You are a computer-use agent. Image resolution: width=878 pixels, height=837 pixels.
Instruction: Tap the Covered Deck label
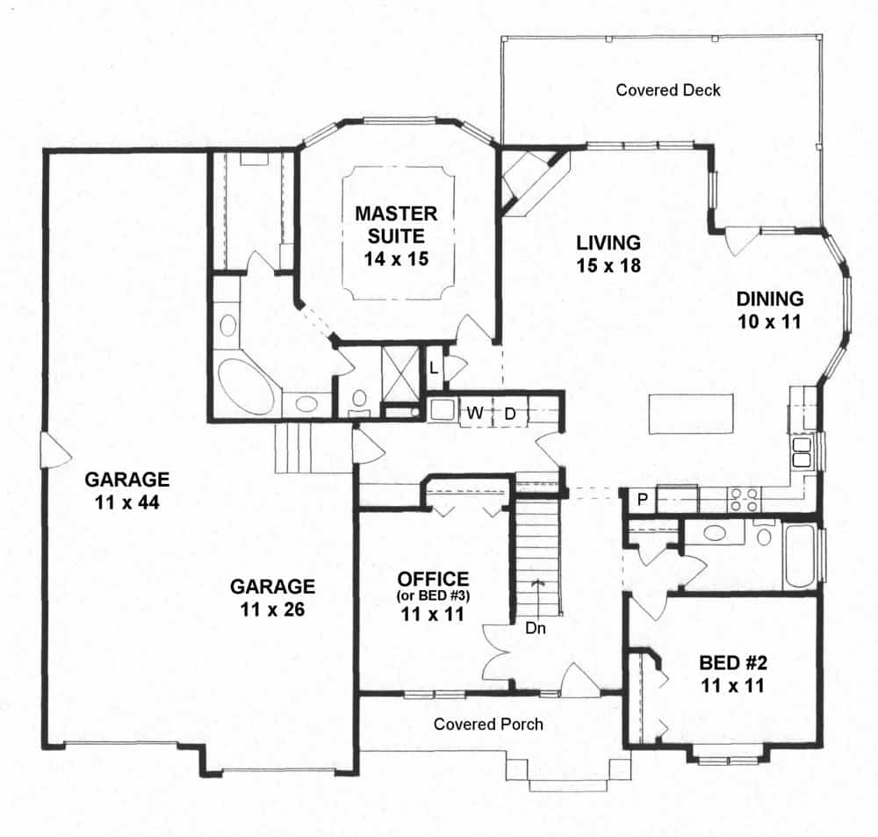[668, 90]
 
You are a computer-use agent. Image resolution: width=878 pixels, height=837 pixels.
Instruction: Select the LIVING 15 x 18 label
[608, 253]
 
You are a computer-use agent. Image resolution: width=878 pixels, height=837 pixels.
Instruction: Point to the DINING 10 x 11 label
[769, 310]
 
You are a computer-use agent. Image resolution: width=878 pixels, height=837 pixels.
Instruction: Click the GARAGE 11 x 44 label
[126, 491]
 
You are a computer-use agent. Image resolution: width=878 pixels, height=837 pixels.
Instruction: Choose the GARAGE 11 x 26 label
[272, 597]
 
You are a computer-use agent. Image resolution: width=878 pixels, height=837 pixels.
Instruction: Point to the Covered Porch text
[488, 725]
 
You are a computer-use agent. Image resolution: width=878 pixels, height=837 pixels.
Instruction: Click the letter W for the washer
[474, 412]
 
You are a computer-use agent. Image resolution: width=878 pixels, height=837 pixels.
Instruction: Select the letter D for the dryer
[509, 412]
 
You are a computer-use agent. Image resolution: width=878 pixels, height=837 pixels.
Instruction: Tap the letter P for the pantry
[643, 500]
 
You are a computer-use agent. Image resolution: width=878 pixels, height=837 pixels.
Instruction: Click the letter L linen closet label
[435, 366]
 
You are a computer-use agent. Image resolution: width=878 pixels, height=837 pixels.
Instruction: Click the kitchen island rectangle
[691, 414]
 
